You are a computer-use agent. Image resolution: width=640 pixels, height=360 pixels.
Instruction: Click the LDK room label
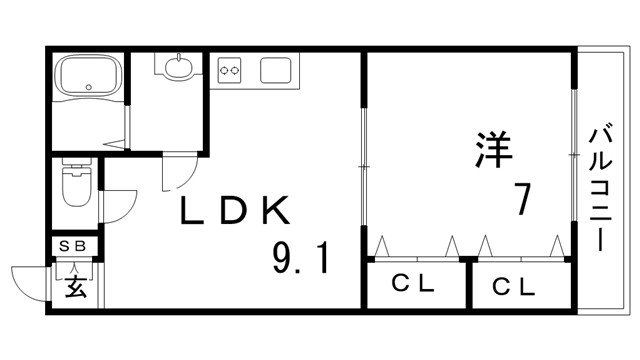click(x=236, y=211)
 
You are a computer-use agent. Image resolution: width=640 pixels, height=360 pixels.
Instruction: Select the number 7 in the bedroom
click(x=521, y=200)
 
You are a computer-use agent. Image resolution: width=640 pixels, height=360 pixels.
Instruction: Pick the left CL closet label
click(x=413, y=285)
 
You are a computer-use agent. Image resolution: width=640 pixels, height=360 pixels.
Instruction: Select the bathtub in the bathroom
click(x=87, y=77)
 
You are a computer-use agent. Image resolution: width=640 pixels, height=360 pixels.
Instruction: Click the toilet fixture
click(x=77, y=184)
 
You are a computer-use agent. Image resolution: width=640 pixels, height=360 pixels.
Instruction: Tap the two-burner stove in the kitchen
click(x=231, y=71)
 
